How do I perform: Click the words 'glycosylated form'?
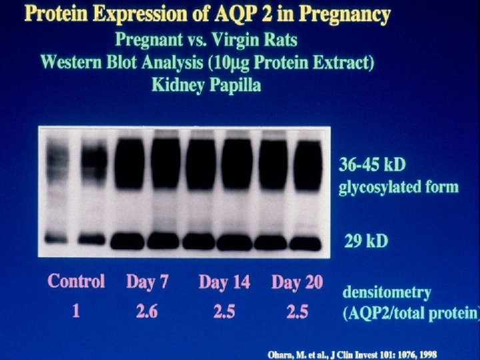pyautogui.click(x=398, y=186)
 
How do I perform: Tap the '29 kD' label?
pyautogui.click(x=365, y=241)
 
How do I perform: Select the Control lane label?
pyautogui.click(x=76, y=281)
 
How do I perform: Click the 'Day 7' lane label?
pyautogui.click(x=148, y=281)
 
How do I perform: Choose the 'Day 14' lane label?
pyautogui.click(x=224, y=282)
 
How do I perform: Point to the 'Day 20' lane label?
pyautogui.click(x=297, y=282)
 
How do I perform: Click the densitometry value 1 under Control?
pyautogui.click(x=75, y=311)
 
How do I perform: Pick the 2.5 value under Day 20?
pyautogui.click(x=297, y=311)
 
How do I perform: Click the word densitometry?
pyautogui.click(x=386, y=292)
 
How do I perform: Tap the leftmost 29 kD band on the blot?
pyautogui.click(x=57, y=237)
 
